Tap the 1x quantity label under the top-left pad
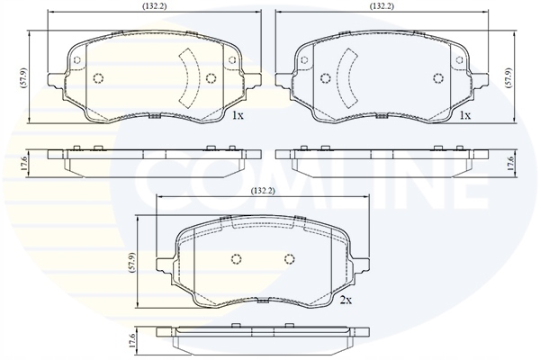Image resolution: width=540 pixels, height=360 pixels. [238, 117]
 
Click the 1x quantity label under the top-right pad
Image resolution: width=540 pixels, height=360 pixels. [464, 117]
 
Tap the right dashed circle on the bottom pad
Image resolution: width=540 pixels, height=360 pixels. [289, 260]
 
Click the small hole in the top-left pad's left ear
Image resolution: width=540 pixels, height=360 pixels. [76, 62]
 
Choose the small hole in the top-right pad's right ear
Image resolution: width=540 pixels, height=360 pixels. [465, 62]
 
